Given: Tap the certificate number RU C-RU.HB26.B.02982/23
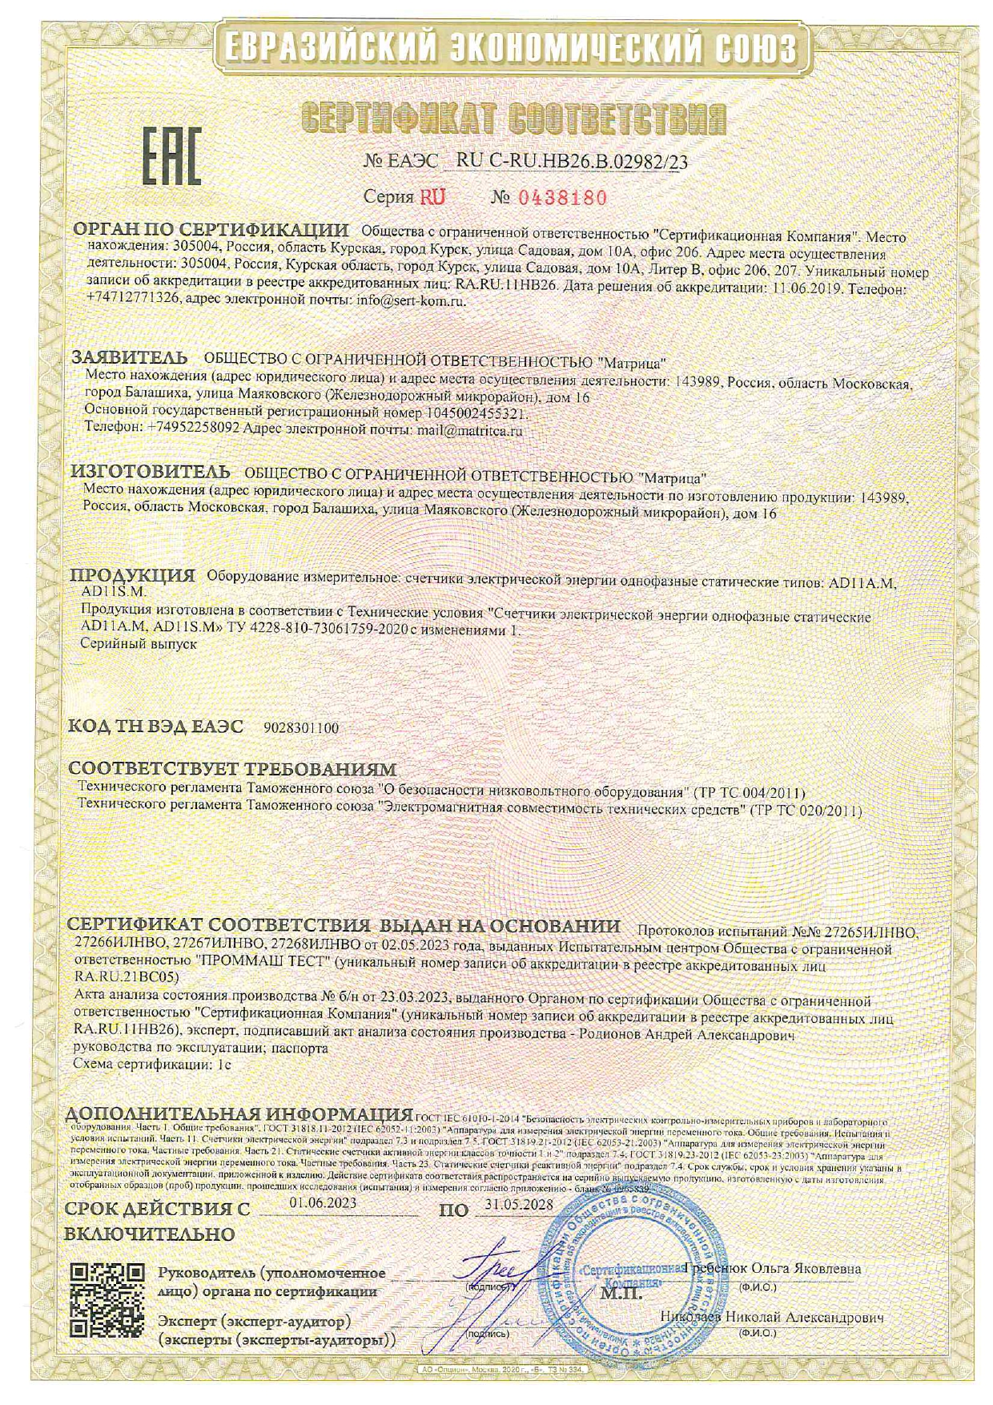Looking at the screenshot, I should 571,161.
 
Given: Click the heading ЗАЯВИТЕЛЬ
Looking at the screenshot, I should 130,356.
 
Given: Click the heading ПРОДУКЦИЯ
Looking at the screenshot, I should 132,575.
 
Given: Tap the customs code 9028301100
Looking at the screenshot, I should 301,728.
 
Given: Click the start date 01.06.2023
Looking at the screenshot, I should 323,1202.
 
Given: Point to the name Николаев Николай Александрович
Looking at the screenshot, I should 771,1317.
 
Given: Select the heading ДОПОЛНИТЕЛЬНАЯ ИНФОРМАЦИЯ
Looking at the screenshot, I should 240,1114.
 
